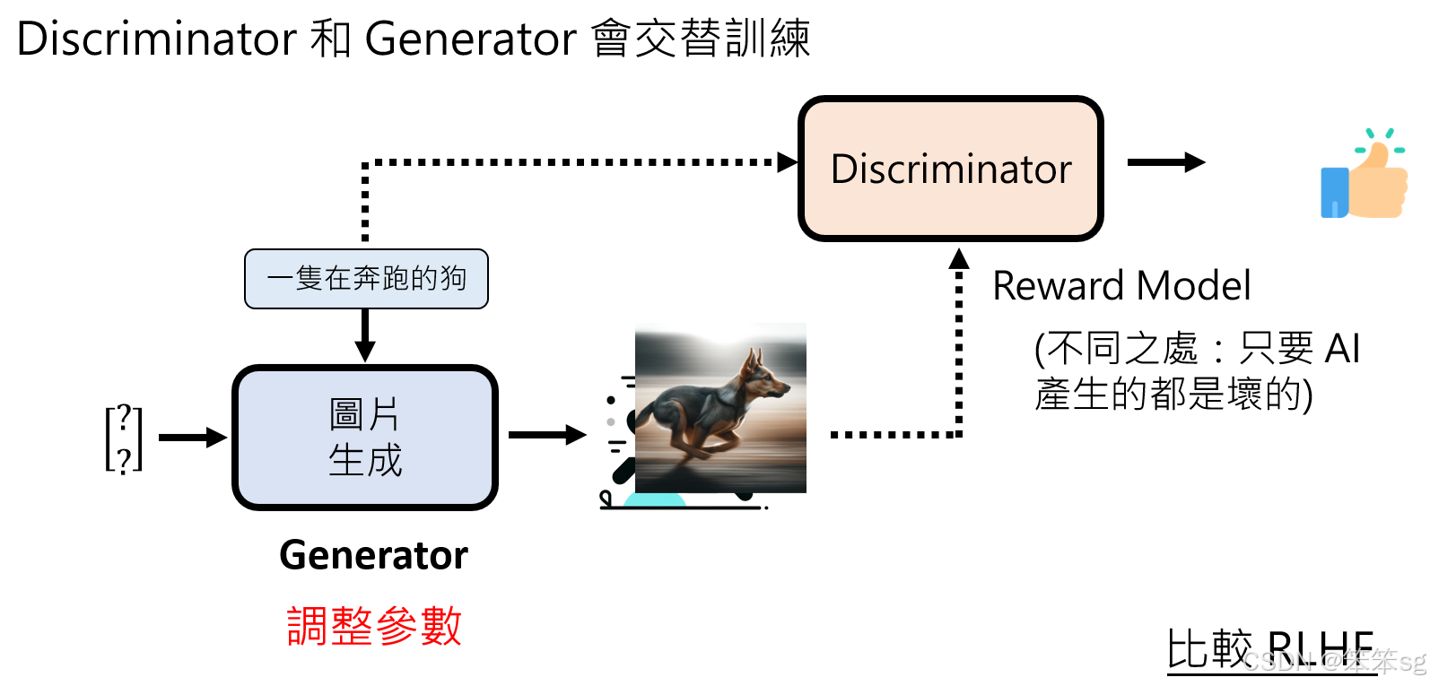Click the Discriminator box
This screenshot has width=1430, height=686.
(950, 169)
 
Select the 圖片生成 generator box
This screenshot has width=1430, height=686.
(365, 438)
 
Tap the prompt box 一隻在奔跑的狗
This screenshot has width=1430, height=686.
(366, 279)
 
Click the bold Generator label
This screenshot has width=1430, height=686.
(373, 555)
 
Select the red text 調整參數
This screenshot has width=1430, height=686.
(373, 626)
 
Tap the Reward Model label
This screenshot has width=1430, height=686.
(1120, 286)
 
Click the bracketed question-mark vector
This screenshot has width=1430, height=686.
(124, 438)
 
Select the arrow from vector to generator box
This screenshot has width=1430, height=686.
(192, 438)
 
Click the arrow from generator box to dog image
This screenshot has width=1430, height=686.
(546, 436)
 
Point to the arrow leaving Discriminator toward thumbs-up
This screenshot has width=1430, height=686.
(1165, 162)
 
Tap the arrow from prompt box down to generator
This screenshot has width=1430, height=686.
(365, 334)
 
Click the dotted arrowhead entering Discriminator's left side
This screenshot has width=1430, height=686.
(788, 162)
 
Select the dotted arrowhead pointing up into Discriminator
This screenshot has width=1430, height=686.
(959, 258)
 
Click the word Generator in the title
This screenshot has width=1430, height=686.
(470, 39)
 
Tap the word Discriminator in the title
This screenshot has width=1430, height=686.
(156, 39)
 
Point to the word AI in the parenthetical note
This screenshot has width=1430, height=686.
(1342, 348)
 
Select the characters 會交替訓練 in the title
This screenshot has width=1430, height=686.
(701, 39)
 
